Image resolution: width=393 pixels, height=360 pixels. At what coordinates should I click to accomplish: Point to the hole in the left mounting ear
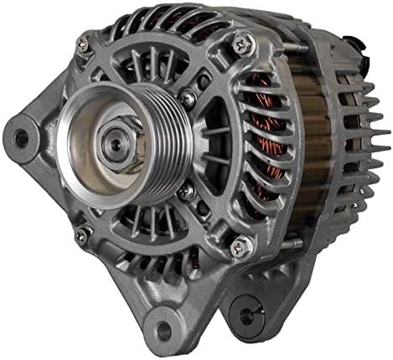tap(20, 135)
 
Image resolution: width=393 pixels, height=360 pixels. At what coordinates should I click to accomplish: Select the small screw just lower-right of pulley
tap(187, 190)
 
